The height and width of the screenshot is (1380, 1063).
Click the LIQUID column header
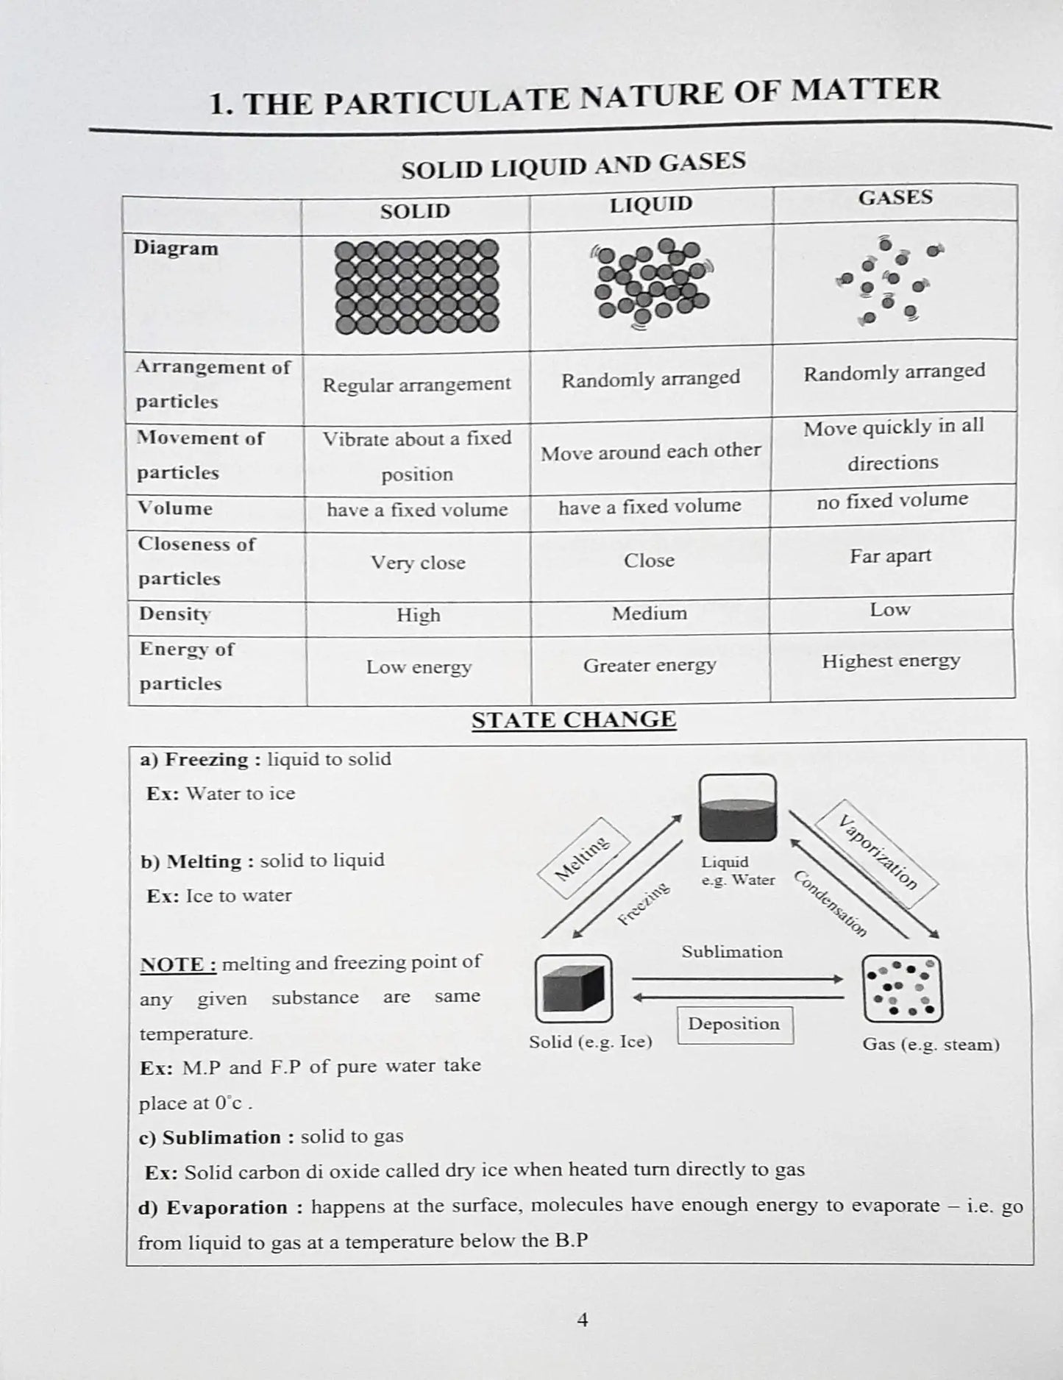pyautogui.click(x=651, y=204)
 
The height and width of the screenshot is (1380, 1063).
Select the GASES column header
pyautogui.click(x=895, y=198)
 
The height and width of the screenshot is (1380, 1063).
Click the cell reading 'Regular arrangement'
pyautogui.click(x=416, y=385)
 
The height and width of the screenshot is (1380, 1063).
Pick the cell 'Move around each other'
pyautogui.click(x=650, y=451)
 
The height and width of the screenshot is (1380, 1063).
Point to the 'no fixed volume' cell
pyautogui.click(x=892, y=501)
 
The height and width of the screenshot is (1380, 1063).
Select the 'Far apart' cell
pyautogui.click(x=890, y=556)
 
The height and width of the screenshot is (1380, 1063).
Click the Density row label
pyautogui.click(x=174, y=614)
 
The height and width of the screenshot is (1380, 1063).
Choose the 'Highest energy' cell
pyautogui.click(x=890, y=661)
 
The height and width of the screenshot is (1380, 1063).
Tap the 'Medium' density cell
pyautogui.click(x=649, y=613)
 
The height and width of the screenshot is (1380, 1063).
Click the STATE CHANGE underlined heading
pyautogui.click(x=574, y=719)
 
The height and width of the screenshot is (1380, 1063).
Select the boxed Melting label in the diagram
pyautogui.click(x=583, y=858)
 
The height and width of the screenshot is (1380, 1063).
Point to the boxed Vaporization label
pyautogui.click(x=878, y=853)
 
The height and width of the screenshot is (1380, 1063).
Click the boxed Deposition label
pyautogui.click(x=734, y=1024)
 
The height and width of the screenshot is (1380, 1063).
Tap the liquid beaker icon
pyautogui.click(x=737, y=808)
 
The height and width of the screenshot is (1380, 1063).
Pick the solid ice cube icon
pyautogui.click(x=573, y=989)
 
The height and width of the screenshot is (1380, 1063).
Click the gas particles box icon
pyautogui.click(x=902, y=989)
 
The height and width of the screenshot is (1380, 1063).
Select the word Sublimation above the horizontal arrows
pyautogui.click(x=731, y=952)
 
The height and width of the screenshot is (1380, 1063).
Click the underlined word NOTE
pyautogui.click(x=177, y=964)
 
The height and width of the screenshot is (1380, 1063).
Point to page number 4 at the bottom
pyautogui.click(x=582, y=1320)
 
